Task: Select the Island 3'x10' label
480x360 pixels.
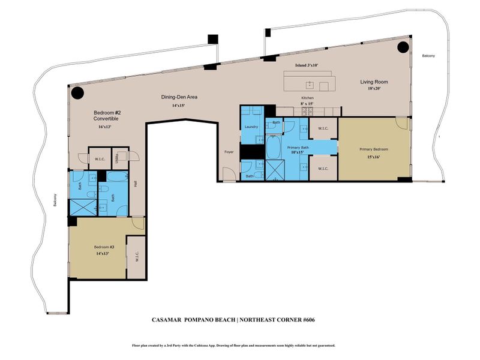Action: [x=306, y=65]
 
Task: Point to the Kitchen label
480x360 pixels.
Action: [x=307, y=98]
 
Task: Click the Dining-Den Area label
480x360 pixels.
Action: [x=179, y=97]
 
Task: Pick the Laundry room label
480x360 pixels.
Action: [x=251, y=127]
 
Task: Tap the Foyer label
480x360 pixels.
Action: [x=228, y=151]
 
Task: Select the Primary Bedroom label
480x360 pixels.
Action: [x=374, y=149]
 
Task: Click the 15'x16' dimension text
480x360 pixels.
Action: [x=374, y=157]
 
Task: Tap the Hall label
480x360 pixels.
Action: [x=136, y=184]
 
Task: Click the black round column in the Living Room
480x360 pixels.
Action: [x=403, y=47]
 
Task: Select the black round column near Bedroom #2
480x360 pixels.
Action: [x=77, y=93]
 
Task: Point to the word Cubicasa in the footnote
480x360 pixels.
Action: [x=224, y=346]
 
